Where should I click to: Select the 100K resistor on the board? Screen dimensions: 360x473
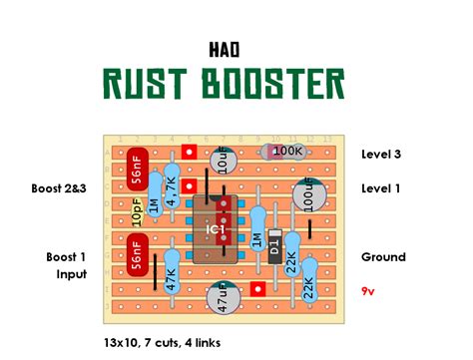click(287, 151)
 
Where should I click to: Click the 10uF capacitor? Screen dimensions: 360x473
click(228, 160)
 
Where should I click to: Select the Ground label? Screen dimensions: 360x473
click(383, 257)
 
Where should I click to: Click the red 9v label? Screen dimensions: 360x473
click(369, 291)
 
